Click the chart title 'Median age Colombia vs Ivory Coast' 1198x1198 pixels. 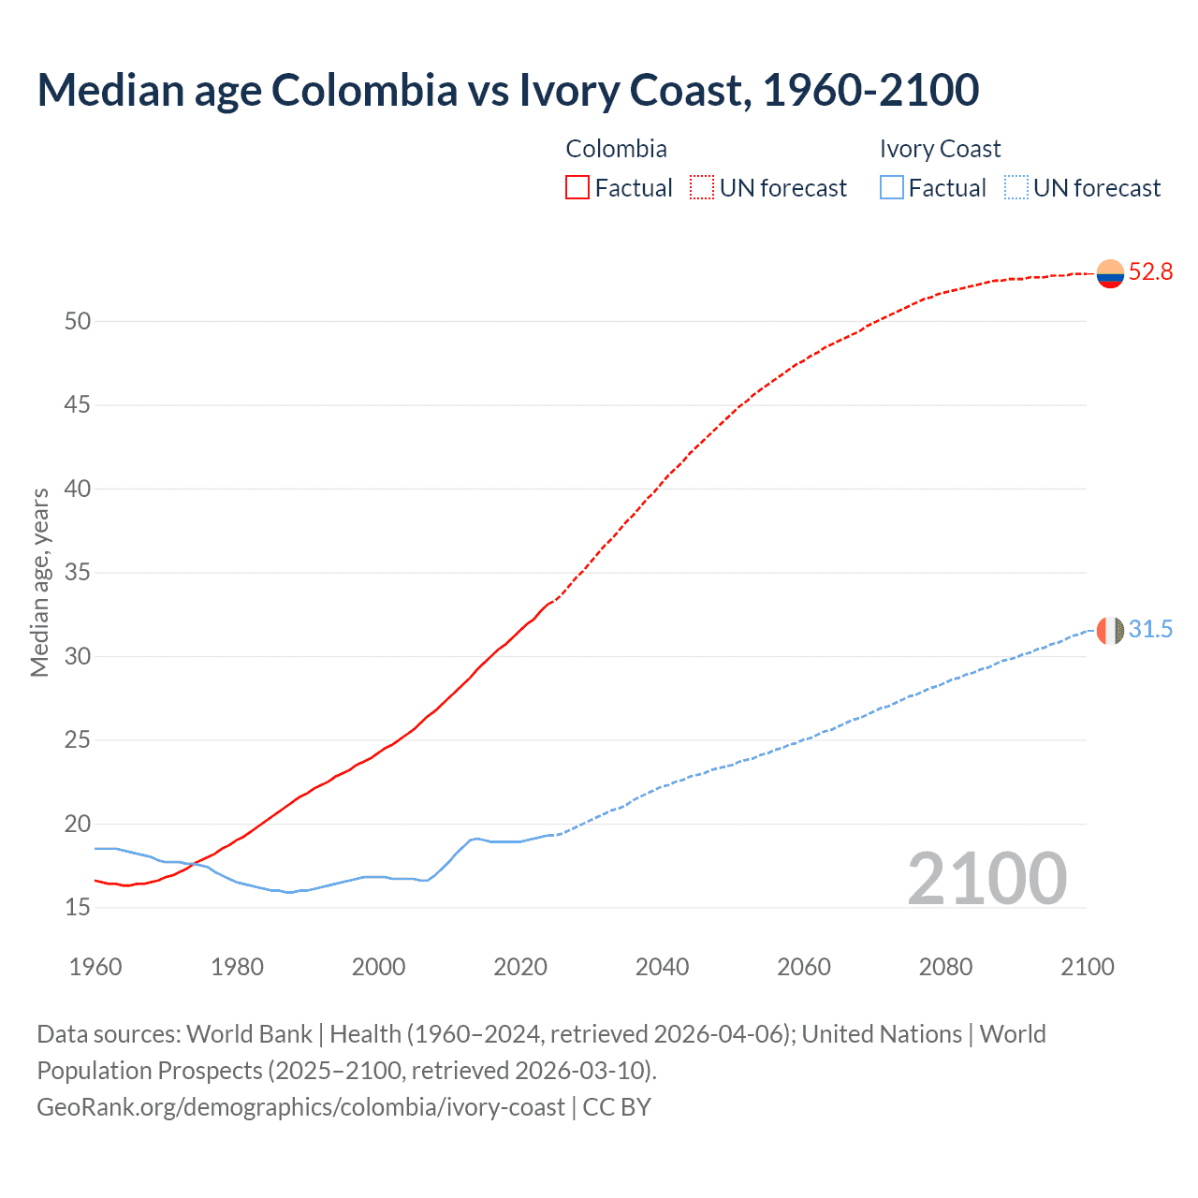(x=507, y=90)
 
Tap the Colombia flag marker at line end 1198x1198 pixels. (x=1110, y=273)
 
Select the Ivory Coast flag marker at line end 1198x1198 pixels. (x=1110, y=630)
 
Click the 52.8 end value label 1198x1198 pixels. (x=1150, y=272)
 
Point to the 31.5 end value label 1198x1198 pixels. (x=1150, y=630)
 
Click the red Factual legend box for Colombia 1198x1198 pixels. (x=577, y=188)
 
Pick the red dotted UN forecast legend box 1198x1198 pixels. (x=702, y=188)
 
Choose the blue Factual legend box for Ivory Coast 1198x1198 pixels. (x=892, y=188)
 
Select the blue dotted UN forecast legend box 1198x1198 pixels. (x=1016, y=188)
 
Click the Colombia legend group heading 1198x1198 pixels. (x=616, y=149)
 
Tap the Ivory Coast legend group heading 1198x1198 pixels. (x=940, y=149)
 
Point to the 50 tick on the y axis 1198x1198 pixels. (x=78, y=322)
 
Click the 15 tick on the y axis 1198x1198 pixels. (x=78, y=908)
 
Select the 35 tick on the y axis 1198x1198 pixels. (x=78, y=573)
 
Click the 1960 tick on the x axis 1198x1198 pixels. (x=95, y=967)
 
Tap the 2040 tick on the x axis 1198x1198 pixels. (x=662, y=967)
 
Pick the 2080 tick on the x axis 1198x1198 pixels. (x=945, y=967)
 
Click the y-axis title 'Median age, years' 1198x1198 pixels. (x=39, y=582)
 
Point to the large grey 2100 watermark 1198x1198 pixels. (x=986, y=879)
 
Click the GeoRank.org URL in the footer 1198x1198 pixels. (x=300, y=1107)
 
